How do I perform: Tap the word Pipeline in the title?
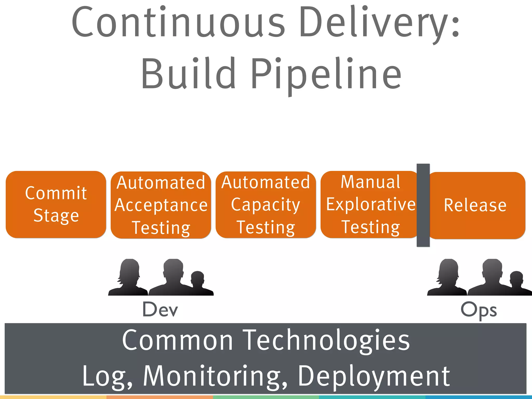[326, 74]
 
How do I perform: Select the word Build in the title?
[188, 74]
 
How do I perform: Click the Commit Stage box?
[56, 204]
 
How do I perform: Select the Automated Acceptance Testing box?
[161, 205]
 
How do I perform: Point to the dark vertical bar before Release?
[423, 205]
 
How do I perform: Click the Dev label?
[160, 310]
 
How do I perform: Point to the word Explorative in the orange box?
[371, 204]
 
